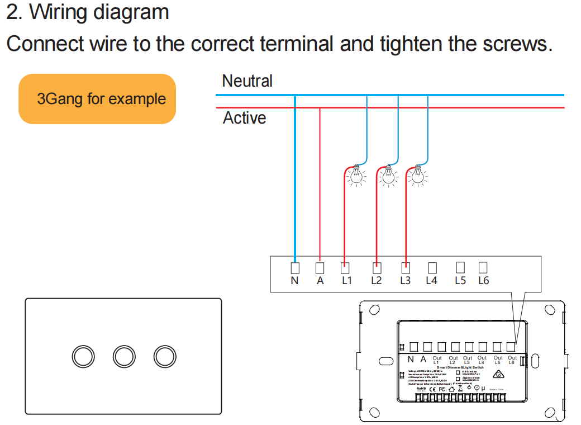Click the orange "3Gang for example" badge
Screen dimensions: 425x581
[x=97, y=99]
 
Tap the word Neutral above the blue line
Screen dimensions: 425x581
[x=247, y=81]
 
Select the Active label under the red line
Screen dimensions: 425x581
[x=244, y=118]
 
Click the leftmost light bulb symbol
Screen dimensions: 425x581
[x=354, y=176]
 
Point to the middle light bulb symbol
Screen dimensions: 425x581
[x=386, y=176]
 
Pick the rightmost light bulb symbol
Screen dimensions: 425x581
[x=416, y=176]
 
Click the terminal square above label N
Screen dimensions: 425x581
[x=294, y=267]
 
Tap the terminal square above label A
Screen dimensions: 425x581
[x=320, y=267]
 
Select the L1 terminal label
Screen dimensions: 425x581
[x=347, y=280]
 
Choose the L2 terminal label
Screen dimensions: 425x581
[x=377, y=280]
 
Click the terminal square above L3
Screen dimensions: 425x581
[x=406, y=267]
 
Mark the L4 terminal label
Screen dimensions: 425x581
[x=431, y=280]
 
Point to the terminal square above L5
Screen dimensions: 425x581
[x=460, y=267]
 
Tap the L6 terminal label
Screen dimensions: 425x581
[x=483, y=280]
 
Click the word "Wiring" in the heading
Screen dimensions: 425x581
[x=60, y=12]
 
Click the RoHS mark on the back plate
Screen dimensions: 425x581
[x=421, y=388]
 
